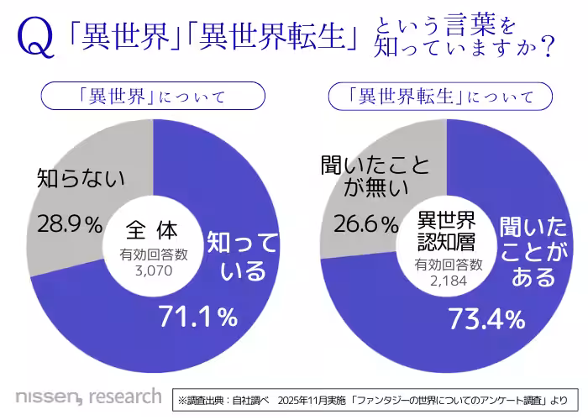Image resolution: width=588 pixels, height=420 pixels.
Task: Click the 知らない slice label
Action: [x=81, y=178]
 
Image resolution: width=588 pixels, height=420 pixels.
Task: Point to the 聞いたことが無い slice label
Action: [x=362, y=179]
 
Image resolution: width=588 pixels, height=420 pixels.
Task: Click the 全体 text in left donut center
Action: [x=152, y=228]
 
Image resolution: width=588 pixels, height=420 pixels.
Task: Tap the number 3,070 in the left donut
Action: [x=152, y=271]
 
